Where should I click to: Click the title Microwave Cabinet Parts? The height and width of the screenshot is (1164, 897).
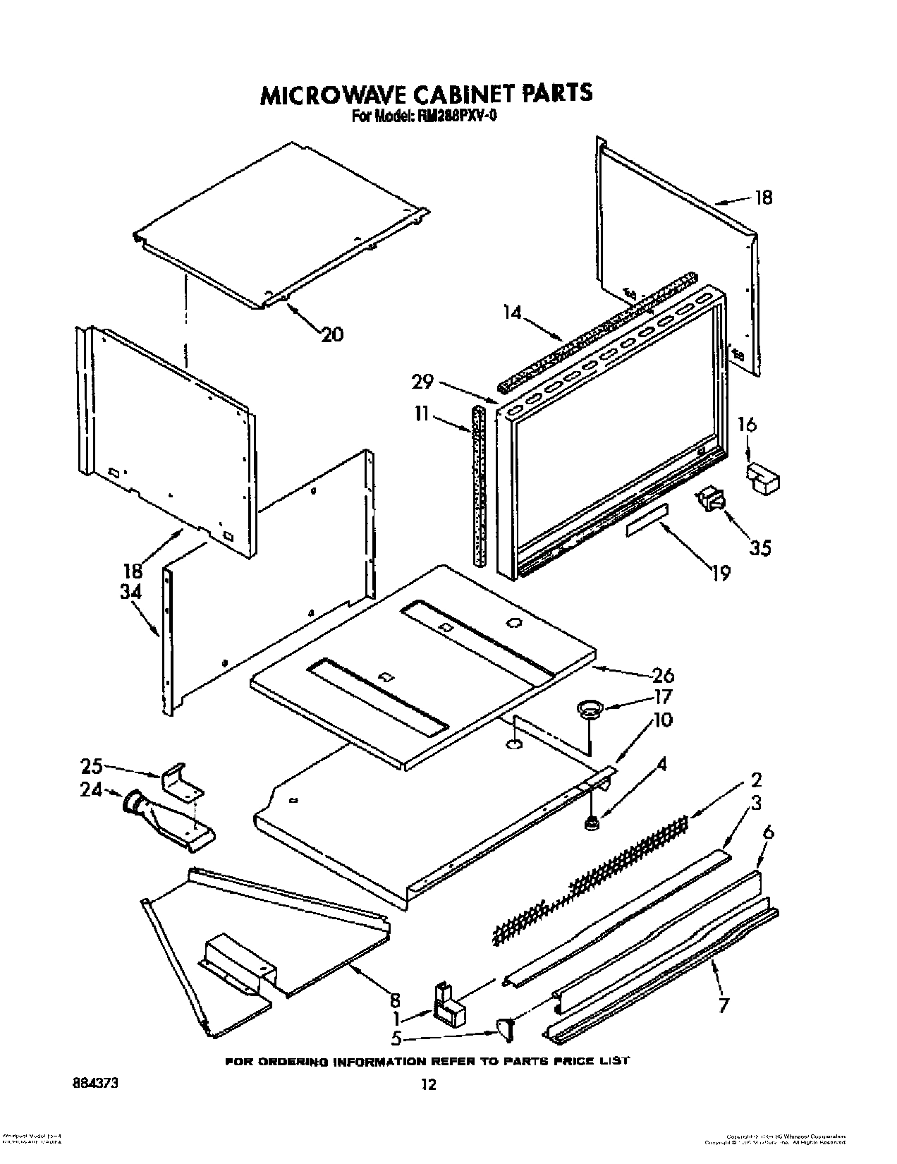[x=427, y=94]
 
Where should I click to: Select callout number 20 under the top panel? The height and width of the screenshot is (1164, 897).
[x=331, y=334]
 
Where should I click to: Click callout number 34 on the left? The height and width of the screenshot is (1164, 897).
[x=132, y=592]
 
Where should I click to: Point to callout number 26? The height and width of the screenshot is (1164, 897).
[x=663, y=675]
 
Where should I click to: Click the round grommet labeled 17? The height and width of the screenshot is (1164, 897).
[x=586, y=708]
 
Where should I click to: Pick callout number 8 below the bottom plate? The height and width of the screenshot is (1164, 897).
[x=395, y=1000]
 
